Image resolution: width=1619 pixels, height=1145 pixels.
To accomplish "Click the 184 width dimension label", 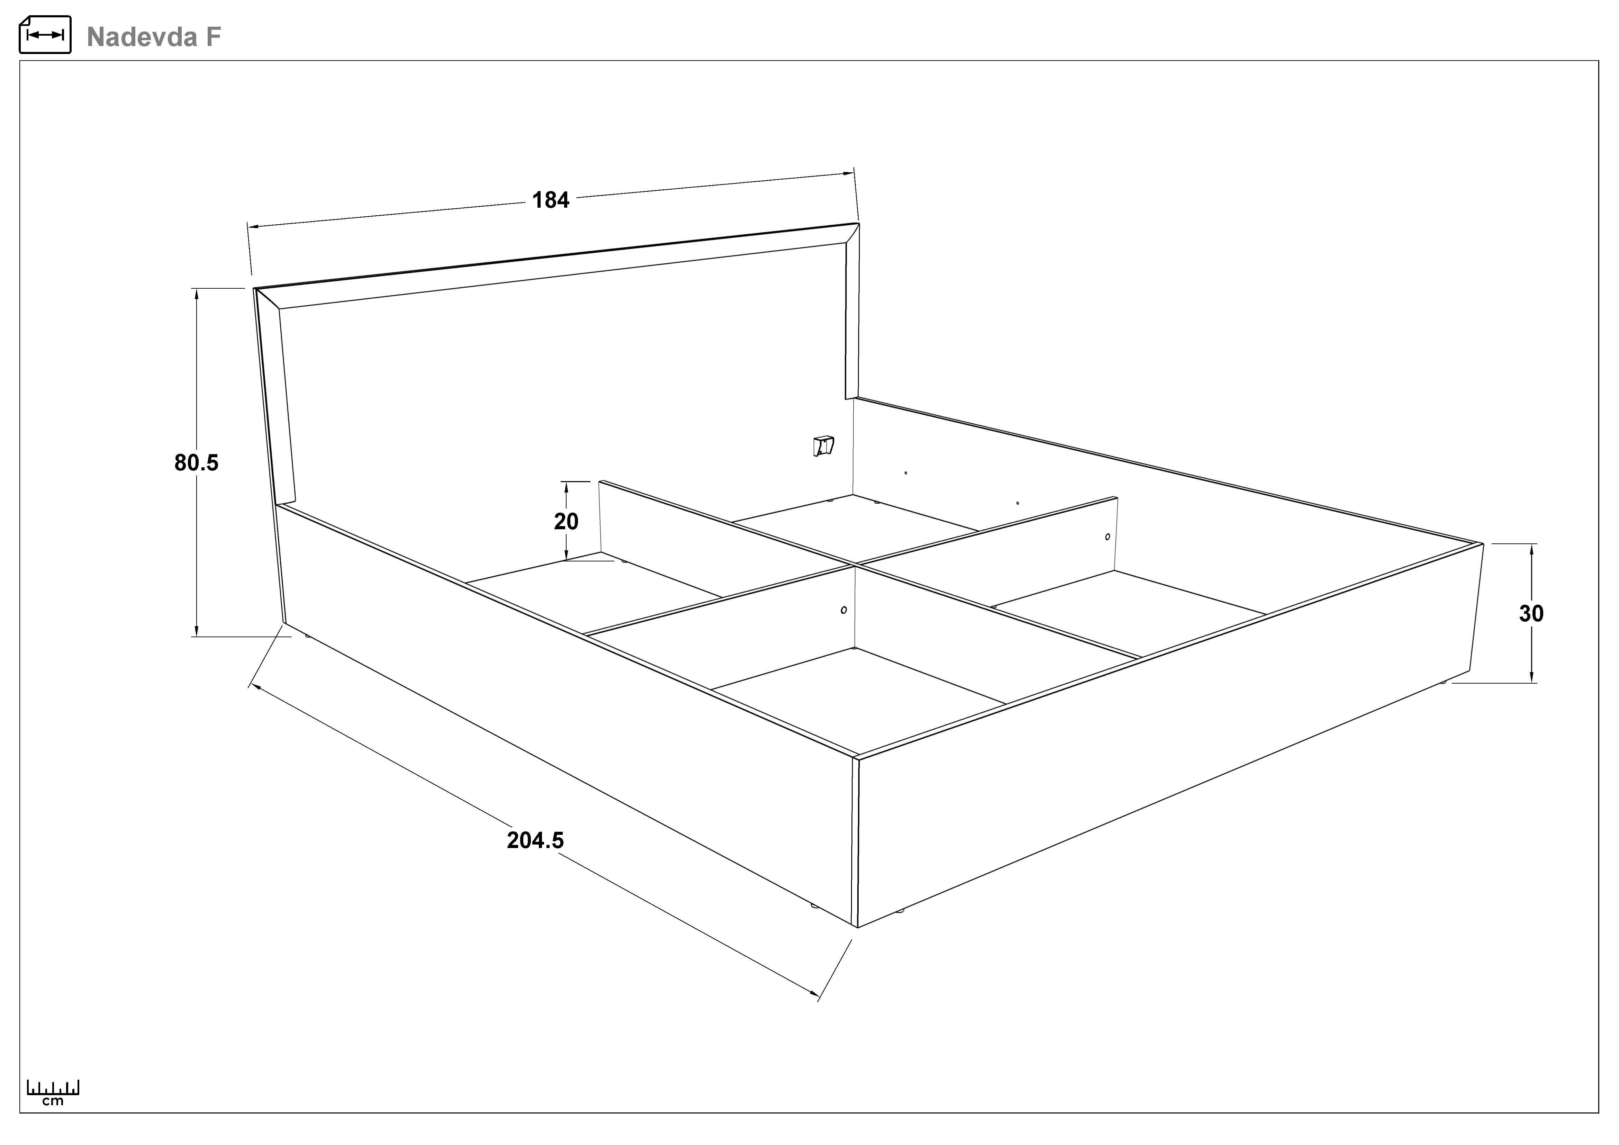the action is pos(551,200).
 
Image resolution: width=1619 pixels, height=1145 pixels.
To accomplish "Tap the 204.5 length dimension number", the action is pos(536,840).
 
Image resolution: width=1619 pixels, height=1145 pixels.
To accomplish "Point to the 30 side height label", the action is pos(1531,613).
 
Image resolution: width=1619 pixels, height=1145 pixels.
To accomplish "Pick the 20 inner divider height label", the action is pos(566,522).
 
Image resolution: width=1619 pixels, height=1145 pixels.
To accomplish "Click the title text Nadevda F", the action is pos(154,37).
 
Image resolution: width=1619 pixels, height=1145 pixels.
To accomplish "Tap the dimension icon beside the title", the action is pos(45,35).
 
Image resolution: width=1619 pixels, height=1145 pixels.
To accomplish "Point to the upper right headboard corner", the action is pos(859,224).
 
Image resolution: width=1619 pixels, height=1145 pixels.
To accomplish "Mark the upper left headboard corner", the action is pos(255,288).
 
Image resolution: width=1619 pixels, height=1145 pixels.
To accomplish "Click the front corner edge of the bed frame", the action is pos(855,842).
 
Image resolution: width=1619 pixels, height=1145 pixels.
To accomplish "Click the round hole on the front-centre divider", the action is pos(844,610).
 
